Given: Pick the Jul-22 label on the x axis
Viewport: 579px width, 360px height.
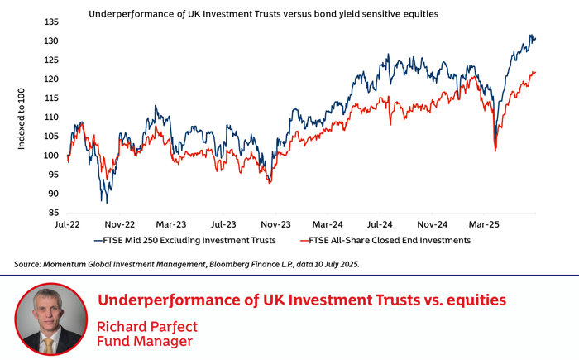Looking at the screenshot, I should tap(68, 224).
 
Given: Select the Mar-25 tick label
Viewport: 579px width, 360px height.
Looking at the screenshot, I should tap(484, 224).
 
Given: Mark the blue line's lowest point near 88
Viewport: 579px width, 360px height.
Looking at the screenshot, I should tap(104, 202).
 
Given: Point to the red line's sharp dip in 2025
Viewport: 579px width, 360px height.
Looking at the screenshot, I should tap(495, 151).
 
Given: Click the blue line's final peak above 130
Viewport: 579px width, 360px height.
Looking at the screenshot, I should tap(530, 36).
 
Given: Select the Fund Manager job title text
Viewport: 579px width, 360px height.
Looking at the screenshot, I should tap(145, 342).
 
